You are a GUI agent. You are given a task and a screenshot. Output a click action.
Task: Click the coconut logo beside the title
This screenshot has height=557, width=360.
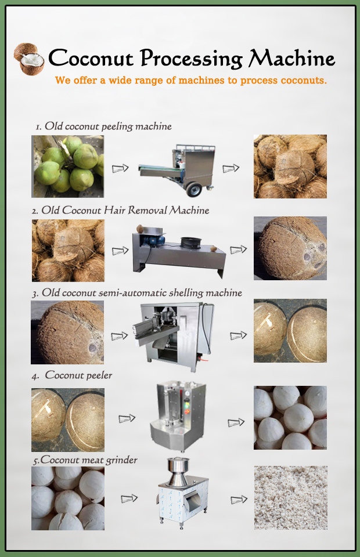coord(30,59)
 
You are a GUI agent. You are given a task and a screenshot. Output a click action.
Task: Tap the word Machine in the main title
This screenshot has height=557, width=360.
coord(291,57)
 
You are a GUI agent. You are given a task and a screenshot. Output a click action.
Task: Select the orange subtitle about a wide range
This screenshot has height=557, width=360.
coord(191,80)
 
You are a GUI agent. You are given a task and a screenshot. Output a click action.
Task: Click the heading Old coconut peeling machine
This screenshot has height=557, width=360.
coord(103,126)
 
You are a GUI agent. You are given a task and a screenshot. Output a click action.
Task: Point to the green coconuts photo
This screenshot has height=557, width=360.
coord(67,167)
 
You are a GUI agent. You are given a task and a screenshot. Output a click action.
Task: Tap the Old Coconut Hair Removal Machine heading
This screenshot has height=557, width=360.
coord(120,210)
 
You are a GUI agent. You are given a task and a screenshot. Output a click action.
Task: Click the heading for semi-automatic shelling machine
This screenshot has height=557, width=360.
coord(137,293)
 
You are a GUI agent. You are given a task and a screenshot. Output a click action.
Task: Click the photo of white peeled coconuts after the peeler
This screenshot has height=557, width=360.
coord(290,418)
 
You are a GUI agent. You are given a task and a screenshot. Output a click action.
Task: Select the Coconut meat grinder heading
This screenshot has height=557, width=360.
coord(85,460)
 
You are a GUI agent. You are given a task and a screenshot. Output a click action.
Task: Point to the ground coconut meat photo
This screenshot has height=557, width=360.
coord(291,498)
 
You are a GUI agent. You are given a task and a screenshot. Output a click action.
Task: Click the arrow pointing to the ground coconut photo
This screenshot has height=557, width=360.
coord(239,500)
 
